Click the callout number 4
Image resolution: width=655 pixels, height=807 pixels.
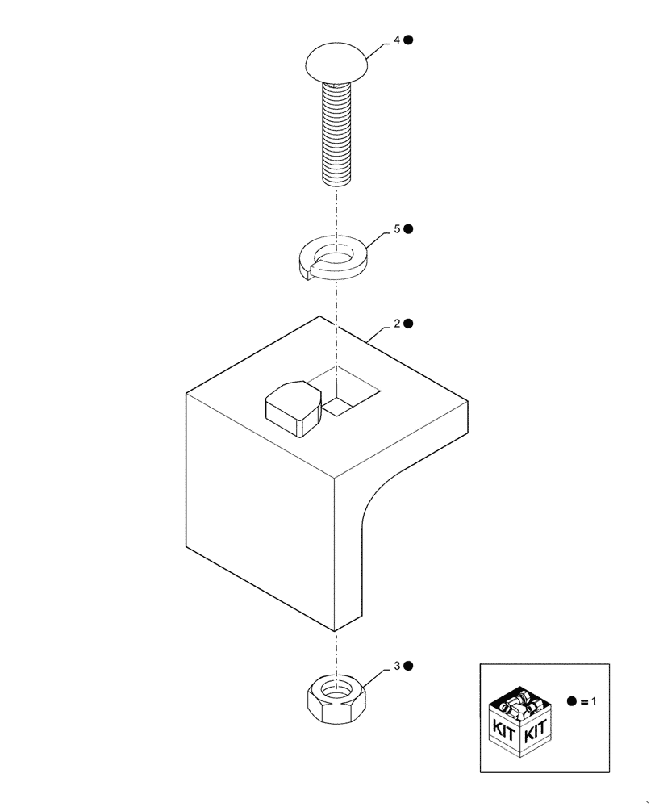(397, 40)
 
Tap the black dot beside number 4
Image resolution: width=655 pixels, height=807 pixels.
(409, 40)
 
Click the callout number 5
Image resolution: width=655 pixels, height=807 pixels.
(397, 229)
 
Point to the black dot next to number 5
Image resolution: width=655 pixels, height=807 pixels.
(409, 229)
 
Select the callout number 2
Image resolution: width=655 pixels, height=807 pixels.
(397, 324)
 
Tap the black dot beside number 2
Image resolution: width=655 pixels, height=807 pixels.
(409, 324)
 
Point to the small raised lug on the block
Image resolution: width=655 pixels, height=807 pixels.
(291, 408)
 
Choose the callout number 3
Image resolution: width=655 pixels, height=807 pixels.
(397, 666)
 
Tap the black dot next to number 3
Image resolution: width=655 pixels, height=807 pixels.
(409, 666)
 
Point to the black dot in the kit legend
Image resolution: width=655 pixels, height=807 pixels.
(572, 702)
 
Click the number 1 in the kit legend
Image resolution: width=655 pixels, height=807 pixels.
(593, 702)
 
